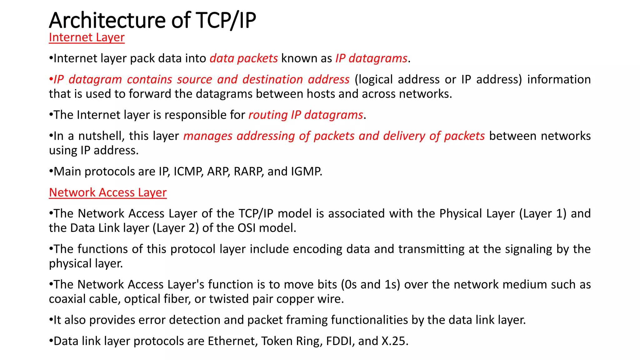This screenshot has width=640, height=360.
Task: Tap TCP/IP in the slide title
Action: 226,20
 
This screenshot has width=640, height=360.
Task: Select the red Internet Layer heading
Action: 87,37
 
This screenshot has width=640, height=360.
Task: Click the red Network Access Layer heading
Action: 108,192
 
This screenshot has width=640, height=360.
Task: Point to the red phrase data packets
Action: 243,58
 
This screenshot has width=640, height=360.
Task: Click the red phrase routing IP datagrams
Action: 306,115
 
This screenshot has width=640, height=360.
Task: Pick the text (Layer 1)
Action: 543,213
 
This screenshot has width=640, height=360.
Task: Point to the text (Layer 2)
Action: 176,228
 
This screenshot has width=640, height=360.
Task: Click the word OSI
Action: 246,228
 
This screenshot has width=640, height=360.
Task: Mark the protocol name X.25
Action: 395,341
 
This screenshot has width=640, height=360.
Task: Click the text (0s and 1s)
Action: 371,285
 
